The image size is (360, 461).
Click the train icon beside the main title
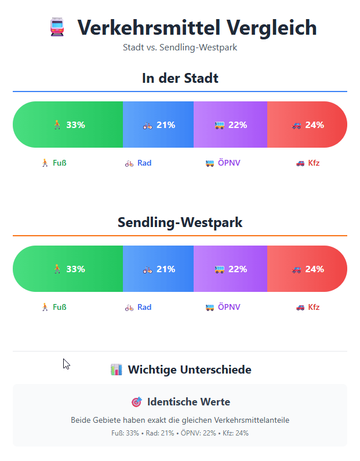tap(57, 28)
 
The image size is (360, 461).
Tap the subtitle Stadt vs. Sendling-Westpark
tap(180, 47)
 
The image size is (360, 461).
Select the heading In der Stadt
tap(180, 78)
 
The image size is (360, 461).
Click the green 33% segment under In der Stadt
tap(68, 125)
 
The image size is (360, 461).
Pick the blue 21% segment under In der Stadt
tap(158, 125)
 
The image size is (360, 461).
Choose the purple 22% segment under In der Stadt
tap(230, 125)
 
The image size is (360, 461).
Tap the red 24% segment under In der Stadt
tap(307, 125)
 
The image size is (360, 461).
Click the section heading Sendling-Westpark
tap(180, 222)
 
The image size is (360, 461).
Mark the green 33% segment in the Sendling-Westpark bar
tap(68, 269)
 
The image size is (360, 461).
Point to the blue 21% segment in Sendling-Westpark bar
tap(158, 269)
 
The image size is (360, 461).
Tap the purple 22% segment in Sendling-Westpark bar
tap(230, 269)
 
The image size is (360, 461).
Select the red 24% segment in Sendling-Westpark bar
tap(307, 269)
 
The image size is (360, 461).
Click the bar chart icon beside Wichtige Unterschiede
tap(116, 369)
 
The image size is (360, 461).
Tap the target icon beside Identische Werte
tap(137, 402)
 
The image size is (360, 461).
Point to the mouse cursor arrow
tap(66, 364)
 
